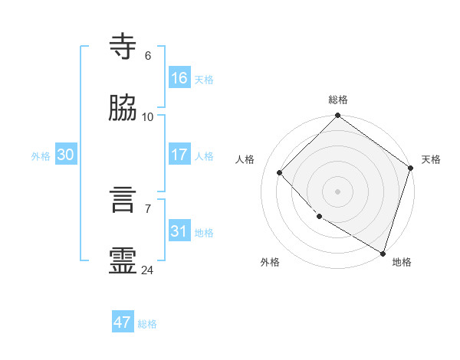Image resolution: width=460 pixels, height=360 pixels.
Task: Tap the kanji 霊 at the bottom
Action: click(x=123, y=261)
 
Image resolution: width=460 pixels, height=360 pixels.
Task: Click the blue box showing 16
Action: click(x=179, y=78)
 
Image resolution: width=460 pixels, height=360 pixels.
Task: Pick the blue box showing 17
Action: click(x=179, y=155)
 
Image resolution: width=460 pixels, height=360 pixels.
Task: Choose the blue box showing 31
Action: click(x=179, y=231)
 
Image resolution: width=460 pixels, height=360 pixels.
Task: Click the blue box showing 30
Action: click(x=66, y=155)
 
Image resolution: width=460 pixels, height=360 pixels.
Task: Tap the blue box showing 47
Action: click(x=123, y=322)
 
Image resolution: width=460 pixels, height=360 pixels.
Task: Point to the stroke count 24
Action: click(x=148, y=270)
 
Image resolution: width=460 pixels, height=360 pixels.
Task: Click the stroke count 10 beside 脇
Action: click(x=148, y=117)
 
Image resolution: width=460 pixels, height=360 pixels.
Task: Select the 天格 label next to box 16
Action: click(x=204, y=80)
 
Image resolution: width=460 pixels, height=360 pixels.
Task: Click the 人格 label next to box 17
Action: click(x=204, y=156)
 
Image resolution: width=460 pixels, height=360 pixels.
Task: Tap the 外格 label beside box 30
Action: click(x=41, y=156)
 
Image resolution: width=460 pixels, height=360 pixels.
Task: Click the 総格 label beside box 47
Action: click(x=147, y=324)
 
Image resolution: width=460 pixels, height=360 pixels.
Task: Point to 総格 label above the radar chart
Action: click(x=338, y=100)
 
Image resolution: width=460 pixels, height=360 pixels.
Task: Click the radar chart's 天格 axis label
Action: click(x=431, y=159)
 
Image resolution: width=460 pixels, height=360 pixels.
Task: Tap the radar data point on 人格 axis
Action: click(x=280, y=172)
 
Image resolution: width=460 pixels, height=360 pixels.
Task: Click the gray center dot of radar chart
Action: click(x=338, y=191)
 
